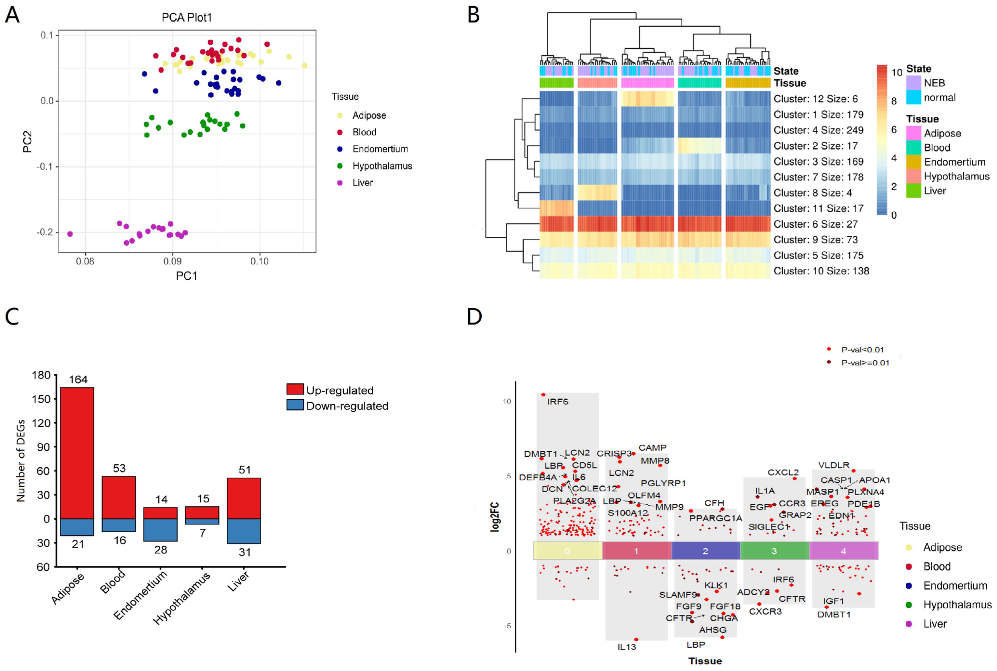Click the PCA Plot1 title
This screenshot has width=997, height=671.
[x=187, y=18]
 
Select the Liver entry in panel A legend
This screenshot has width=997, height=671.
[x=362, y=183]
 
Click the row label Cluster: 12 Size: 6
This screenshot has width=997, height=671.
[x=815, y=99]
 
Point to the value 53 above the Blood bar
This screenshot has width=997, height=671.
[x=119, y=468]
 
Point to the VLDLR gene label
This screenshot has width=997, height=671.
[x=834, y=465]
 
